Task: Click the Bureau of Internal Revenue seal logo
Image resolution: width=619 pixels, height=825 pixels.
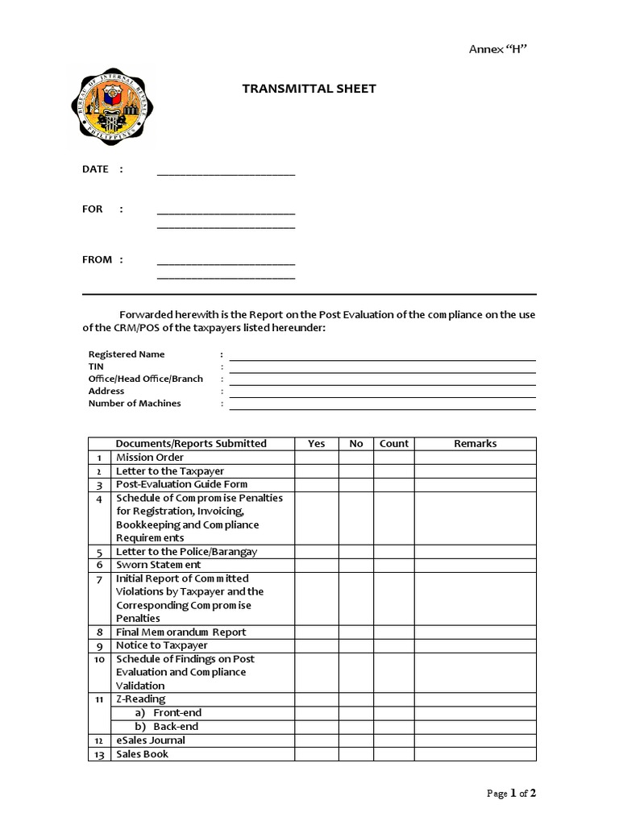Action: [x=108, y=107]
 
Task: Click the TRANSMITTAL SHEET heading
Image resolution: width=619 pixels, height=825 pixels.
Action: [x=309, y=89]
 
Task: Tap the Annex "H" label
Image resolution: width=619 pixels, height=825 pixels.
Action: [x=498, y=50]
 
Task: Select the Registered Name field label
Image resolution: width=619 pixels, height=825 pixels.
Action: [x=127, y=354]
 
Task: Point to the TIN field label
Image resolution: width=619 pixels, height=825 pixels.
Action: [x=96, y=367]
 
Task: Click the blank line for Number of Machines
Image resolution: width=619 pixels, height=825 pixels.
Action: [x=382, y=404]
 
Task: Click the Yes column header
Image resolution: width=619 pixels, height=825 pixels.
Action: [x=317, y=444]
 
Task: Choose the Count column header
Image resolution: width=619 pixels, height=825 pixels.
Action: [x=393, y=444]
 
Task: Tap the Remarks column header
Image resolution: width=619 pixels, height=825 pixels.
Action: [x=475, y=444]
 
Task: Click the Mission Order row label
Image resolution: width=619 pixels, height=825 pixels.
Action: [x=150, y=458]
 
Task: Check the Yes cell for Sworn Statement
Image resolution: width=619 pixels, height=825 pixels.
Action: [x=317, y=566]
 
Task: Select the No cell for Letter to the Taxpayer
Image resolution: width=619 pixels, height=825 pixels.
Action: [x=356, y=471]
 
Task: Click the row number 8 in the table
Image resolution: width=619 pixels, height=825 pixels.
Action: [x=99, y=632]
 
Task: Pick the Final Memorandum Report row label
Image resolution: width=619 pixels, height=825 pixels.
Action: [x=181, y=632]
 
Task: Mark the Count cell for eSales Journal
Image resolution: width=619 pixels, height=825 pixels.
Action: [x=393, y=740]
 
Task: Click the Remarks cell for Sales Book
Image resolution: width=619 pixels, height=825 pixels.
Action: [x=475, y=754]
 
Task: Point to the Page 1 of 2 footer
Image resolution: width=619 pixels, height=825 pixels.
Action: [x=512, y=794]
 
